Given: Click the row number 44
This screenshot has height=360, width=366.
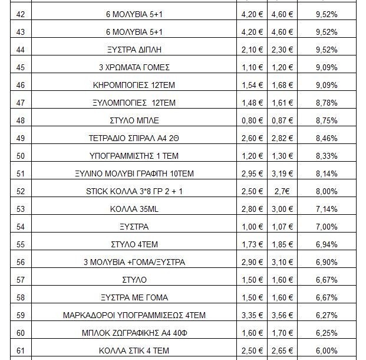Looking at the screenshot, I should point(21,50).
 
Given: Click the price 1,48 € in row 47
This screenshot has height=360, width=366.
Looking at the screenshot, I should point(252,103).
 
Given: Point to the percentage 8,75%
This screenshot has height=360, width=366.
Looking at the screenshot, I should point(326,120).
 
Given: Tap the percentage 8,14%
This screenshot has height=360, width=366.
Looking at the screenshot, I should point(326,174).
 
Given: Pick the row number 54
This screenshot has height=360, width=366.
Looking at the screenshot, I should point(21,227).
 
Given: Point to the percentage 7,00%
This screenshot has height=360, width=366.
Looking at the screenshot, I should point(326,227).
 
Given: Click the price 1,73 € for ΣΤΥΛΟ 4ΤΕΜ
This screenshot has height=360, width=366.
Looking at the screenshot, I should point(252,244).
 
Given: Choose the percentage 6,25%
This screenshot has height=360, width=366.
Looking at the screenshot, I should point(326,333).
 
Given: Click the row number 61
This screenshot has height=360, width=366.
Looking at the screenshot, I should point(21,351).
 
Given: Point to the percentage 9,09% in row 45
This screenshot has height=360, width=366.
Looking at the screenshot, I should point(326,67).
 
